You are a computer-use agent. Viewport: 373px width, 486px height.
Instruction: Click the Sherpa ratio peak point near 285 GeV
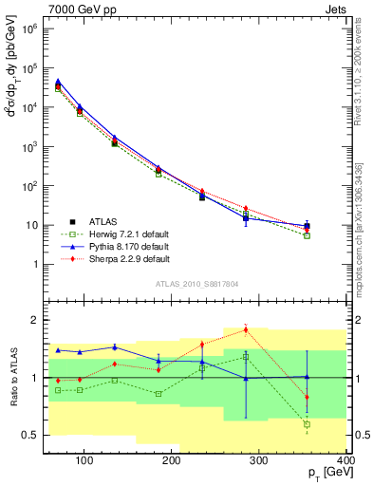[271, 329]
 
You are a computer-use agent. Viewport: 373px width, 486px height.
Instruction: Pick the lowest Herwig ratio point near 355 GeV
[307, 424]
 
